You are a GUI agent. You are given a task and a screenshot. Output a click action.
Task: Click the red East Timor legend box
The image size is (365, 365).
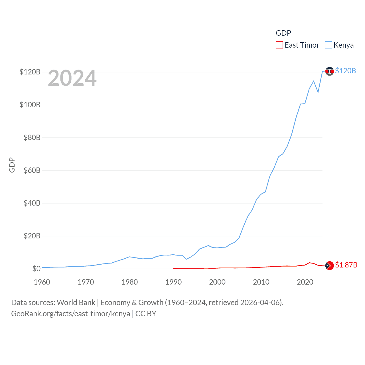pos(279,45)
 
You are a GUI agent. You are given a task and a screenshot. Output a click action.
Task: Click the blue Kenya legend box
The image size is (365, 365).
pos(328,45)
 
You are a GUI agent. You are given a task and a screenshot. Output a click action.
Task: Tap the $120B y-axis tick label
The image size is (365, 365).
pos(30,72)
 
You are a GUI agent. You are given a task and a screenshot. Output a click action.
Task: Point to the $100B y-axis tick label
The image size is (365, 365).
pos(30,105)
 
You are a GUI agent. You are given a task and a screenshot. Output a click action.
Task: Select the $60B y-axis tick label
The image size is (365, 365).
pos(32,170)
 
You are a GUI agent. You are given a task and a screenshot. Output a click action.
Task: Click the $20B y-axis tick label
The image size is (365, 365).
pos(32,236)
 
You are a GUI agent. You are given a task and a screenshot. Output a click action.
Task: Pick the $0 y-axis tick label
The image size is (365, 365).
pos(36,269)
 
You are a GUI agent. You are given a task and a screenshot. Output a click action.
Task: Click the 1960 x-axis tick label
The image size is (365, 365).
pos(42,282)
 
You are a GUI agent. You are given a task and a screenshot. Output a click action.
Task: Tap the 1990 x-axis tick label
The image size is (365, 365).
pos(173,282)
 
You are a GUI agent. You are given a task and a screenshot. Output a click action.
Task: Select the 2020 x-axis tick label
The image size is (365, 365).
pos(305,282)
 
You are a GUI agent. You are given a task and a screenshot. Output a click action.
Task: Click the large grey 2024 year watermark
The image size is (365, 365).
pos(72,78)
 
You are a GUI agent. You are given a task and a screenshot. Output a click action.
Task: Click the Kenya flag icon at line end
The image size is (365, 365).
pos(329,71)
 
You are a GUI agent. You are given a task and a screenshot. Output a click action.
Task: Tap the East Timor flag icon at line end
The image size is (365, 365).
pos(329,265)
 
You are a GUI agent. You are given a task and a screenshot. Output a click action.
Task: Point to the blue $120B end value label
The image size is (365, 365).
pos(345,71)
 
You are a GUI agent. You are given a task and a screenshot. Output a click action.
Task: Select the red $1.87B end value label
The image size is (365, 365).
pos(346,265)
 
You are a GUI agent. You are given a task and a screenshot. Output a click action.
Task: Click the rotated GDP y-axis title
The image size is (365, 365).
pos(12,165)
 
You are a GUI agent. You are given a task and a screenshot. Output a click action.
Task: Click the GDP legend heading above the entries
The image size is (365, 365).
pos(283,33)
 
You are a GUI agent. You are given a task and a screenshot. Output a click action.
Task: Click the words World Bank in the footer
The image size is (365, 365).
pos(76,302)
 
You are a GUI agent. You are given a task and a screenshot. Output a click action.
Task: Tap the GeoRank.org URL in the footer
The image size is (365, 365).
pos(70,314)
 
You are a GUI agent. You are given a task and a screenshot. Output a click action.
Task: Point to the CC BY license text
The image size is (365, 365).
pos(146,314)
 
